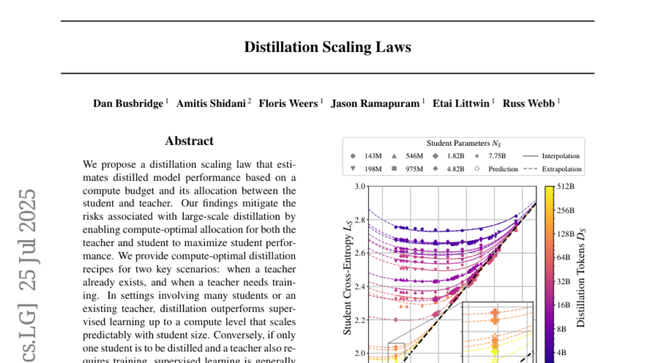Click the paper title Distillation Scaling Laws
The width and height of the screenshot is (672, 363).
point(327,47)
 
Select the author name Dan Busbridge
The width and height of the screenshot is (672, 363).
point(128,104)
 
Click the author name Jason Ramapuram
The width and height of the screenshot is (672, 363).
point(375,104)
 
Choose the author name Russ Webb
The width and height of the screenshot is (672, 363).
point(529,104)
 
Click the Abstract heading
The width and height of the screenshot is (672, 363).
point(189,141)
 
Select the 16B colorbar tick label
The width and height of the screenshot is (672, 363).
point(564,305)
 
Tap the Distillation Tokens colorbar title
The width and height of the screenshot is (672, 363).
point(581,280)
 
